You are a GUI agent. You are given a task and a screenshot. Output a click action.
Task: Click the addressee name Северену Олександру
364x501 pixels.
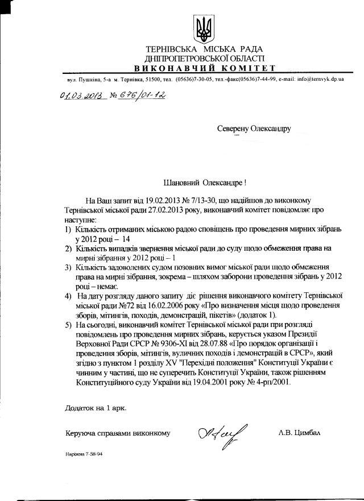click(254, 129)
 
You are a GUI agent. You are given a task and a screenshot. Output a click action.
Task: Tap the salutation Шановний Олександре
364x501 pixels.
click(205, 183)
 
